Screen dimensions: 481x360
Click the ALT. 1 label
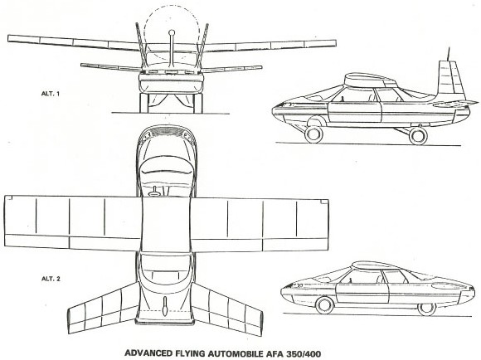[51, 94]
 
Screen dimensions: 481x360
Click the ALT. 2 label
[51, 279]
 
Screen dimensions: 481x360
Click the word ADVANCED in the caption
[148, 353]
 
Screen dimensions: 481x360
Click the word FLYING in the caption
[190, 353]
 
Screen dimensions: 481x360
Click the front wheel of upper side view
[313, 134]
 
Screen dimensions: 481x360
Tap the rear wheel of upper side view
[419, 136]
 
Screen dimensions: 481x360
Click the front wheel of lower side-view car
[325, 305]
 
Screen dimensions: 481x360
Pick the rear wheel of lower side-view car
[427, 308]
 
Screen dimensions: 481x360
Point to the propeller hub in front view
[172, 32]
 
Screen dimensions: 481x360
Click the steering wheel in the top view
[155, 192]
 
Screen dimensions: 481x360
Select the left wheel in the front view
[144, 103]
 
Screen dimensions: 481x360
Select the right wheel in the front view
[198, 103]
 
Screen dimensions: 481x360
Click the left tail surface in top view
[103, 308]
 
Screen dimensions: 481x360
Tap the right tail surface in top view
[227, 309]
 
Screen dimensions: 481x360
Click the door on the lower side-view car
[362, 293]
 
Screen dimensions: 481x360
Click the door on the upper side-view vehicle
[355, 112]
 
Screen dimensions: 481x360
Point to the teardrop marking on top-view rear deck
[166, 306]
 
